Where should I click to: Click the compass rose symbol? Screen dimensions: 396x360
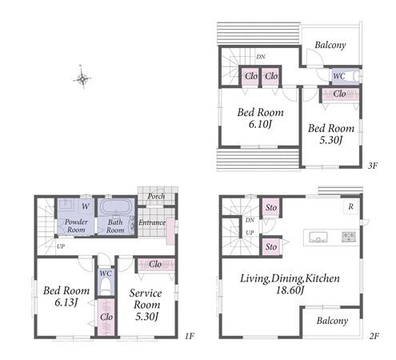pos(82,78)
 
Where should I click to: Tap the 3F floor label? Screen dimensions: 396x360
pos(373,166)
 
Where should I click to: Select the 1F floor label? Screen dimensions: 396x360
pos(190,336)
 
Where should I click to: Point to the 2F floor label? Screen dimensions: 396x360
pos(374,336)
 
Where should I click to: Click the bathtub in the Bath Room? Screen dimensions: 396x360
pos(115,206)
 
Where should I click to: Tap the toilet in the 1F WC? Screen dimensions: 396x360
pos(106,287)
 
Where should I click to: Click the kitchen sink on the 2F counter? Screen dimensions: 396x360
pos(318,237)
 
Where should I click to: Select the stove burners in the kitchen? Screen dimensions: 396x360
pos(349,237)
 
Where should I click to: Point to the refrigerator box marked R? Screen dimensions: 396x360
pos(351,206)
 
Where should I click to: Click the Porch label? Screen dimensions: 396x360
pos(156,196)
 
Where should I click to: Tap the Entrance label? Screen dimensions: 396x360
pos(152,222)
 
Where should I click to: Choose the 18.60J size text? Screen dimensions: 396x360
pos(290,290)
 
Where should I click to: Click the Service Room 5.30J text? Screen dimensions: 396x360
pos(146,305)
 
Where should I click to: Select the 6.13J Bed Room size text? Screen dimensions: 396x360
pos(66,302)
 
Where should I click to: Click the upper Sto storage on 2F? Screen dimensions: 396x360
pos(271,207)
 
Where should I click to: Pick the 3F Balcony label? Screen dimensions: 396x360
pos(330,45)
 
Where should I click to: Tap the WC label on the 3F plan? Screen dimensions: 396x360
pos(339,76)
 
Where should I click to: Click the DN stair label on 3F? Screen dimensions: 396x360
pos(261,57)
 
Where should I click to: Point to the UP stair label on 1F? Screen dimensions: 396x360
pos(61,246)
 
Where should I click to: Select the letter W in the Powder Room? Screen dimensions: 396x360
pos(86,206)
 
